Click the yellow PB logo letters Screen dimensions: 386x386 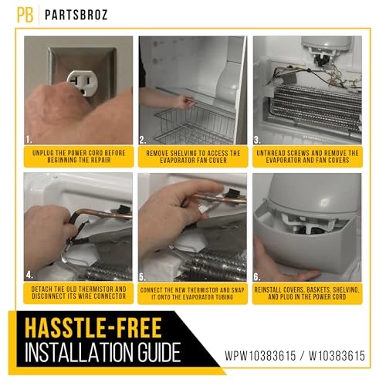point(25,15)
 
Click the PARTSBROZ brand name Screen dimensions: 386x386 point(76,15)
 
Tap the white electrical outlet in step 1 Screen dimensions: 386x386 point(82,83)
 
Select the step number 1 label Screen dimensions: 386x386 point(29,140)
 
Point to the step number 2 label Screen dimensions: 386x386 point(143,140)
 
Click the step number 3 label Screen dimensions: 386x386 point(257,140)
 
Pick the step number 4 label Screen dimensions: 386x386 point(29,276)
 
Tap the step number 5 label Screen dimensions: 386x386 point(143,277)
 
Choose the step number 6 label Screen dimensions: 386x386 point(257,277)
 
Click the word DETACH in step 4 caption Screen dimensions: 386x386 point(42,289)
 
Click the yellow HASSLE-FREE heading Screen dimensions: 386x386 point(93,328)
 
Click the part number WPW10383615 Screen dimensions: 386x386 point(260,356)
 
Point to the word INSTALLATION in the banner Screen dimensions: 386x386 point(80,352)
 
